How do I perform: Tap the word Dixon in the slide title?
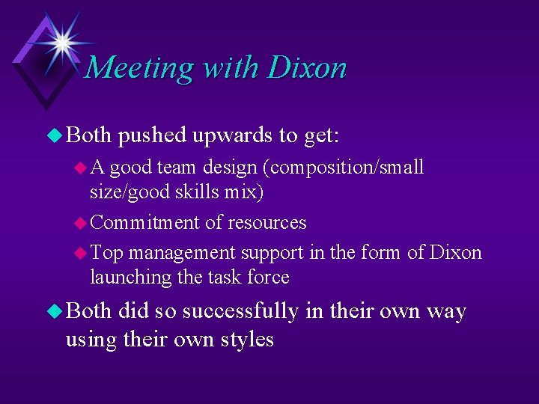coord(307,67)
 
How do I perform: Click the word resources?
coord(267,222)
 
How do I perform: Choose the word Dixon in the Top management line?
coord(456,252)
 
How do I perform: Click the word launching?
coord(130,277)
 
